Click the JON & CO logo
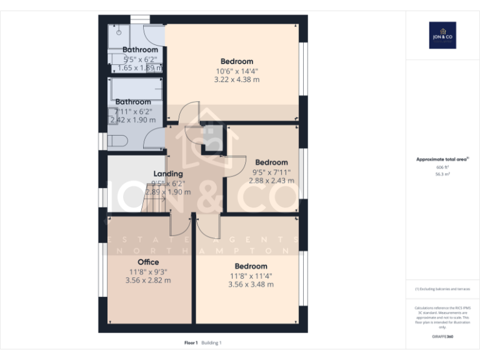(442, 35)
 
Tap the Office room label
(148, 262)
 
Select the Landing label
(168, 174)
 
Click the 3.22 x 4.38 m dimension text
(237, 80)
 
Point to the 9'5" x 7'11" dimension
(271, 172)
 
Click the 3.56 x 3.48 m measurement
(251, 285)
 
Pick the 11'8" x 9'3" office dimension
(148, 271)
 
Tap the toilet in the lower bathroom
(117, 140)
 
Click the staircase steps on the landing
(152, 201)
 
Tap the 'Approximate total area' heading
(442, 160)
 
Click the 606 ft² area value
(442, 167)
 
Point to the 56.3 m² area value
(442, 175)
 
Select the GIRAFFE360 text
(442, 337)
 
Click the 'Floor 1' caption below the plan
(191, 342)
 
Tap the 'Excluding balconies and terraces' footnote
(442, 289)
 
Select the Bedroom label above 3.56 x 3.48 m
(251, 266)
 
